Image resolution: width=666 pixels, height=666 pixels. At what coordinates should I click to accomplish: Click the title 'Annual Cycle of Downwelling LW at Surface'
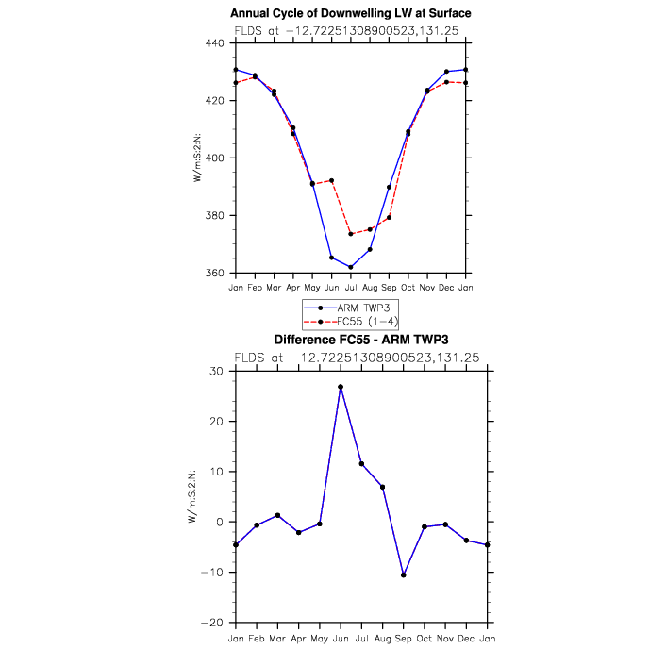(x=350, y=13)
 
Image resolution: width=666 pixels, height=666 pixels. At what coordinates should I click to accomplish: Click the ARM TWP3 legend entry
(x=349, y=308)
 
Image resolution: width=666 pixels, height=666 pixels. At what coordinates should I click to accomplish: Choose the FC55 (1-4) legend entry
(x=349, y=321)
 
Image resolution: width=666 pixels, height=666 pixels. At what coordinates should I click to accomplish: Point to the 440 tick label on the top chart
(x=216, y=43)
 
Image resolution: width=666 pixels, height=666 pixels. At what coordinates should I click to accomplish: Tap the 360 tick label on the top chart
(x=216, y=274)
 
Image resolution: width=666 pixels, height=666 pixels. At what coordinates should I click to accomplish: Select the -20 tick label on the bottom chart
(x=216, y=623)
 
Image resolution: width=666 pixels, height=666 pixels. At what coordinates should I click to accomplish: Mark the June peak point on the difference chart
(x=341, y=387)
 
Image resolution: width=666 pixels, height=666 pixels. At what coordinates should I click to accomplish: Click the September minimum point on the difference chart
(x=404, y=574)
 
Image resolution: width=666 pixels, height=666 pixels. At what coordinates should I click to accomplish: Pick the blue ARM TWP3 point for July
(x=351, y=267)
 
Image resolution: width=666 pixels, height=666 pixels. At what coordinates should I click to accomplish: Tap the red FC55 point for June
(x=332, y=180)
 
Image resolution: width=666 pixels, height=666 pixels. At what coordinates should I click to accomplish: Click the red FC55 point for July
(x=351, y=234)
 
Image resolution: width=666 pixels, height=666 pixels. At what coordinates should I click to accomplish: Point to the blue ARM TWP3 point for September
(x=389, y=187)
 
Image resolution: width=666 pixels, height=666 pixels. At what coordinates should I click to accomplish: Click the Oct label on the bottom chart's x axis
(x=425, y=637)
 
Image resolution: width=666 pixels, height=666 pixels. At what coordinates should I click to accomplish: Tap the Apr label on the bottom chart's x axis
(x=299, y=637)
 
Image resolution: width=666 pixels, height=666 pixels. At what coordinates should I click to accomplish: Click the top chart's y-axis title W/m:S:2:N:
(x=197, y=158)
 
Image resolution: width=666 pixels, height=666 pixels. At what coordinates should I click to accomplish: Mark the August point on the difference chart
(x=383, y=487)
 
